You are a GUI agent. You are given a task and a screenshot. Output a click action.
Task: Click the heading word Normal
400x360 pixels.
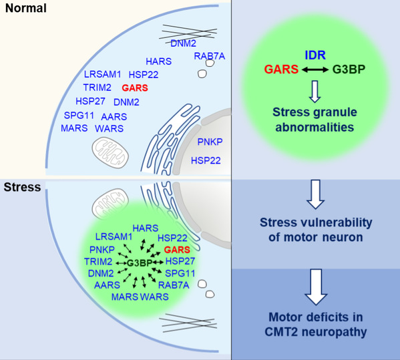(26, 8)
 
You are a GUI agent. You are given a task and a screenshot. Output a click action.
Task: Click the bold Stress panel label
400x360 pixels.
(22, 187)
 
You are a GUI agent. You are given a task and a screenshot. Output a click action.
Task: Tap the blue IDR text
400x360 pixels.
(315, 55)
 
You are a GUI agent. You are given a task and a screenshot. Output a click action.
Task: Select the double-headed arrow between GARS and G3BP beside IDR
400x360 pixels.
(315, 69)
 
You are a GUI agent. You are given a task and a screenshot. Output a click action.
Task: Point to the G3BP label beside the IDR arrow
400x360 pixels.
(349, 69)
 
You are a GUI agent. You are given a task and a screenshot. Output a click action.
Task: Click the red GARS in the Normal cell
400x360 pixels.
(135, 88)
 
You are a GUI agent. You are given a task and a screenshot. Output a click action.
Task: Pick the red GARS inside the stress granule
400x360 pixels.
(177, 250)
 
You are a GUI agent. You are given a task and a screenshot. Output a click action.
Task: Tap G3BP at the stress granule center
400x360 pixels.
(140, 262)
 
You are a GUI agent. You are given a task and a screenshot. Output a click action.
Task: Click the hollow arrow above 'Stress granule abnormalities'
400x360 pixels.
(315, 92)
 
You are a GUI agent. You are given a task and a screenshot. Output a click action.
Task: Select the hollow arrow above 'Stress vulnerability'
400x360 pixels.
(316, 194)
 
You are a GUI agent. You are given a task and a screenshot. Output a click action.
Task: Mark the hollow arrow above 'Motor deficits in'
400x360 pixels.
(316, 287)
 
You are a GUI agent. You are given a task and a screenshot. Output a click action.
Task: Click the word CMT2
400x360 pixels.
(281, 332)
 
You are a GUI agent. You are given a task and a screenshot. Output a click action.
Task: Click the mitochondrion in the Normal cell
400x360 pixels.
(110, 152)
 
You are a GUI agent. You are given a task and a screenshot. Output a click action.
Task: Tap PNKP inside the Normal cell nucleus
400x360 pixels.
(210, 142)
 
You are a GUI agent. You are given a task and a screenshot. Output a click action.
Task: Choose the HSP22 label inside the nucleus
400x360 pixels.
(206, 160)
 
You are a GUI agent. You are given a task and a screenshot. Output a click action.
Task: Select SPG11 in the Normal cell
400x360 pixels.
(79, 116)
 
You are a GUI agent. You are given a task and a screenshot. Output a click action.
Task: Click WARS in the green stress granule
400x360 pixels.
(154, 297)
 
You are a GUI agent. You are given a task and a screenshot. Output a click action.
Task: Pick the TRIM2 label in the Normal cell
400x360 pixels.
(97, 87)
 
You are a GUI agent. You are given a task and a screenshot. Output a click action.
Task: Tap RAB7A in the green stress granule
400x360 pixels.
(174, 285)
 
